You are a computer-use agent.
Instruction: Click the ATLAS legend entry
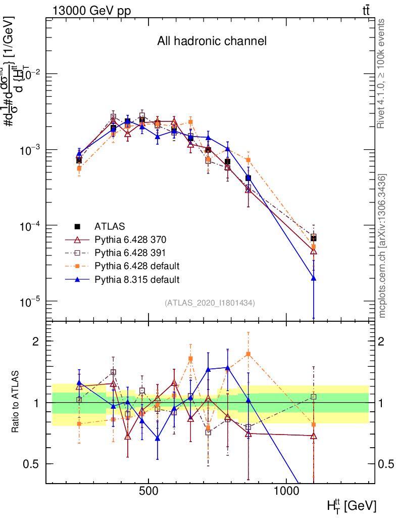tap(110, 226)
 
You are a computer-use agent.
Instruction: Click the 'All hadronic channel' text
tap(212, 41)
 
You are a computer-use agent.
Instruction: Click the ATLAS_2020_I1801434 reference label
tap(209, 303)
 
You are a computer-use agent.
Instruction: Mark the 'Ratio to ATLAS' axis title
tap(16, 402)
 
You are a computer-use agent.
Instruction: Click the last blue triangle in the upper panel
tap(314, 278)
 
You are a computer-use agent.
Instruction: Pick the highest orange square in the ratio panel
tap(248, 354)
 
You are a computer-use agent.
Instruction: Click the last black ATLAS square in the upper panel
tap(314, 238)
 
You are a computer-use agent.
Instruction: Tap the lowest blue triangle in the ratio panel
tap(158, 438)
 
